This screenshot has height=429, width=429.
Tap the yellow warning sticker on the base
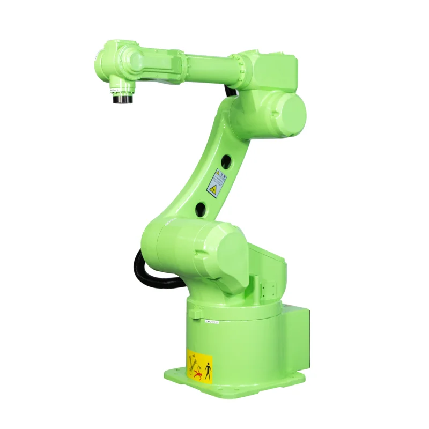(x=199, y=367)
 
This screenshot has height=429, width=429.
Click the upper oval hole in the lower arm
(x=226, y=160)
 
